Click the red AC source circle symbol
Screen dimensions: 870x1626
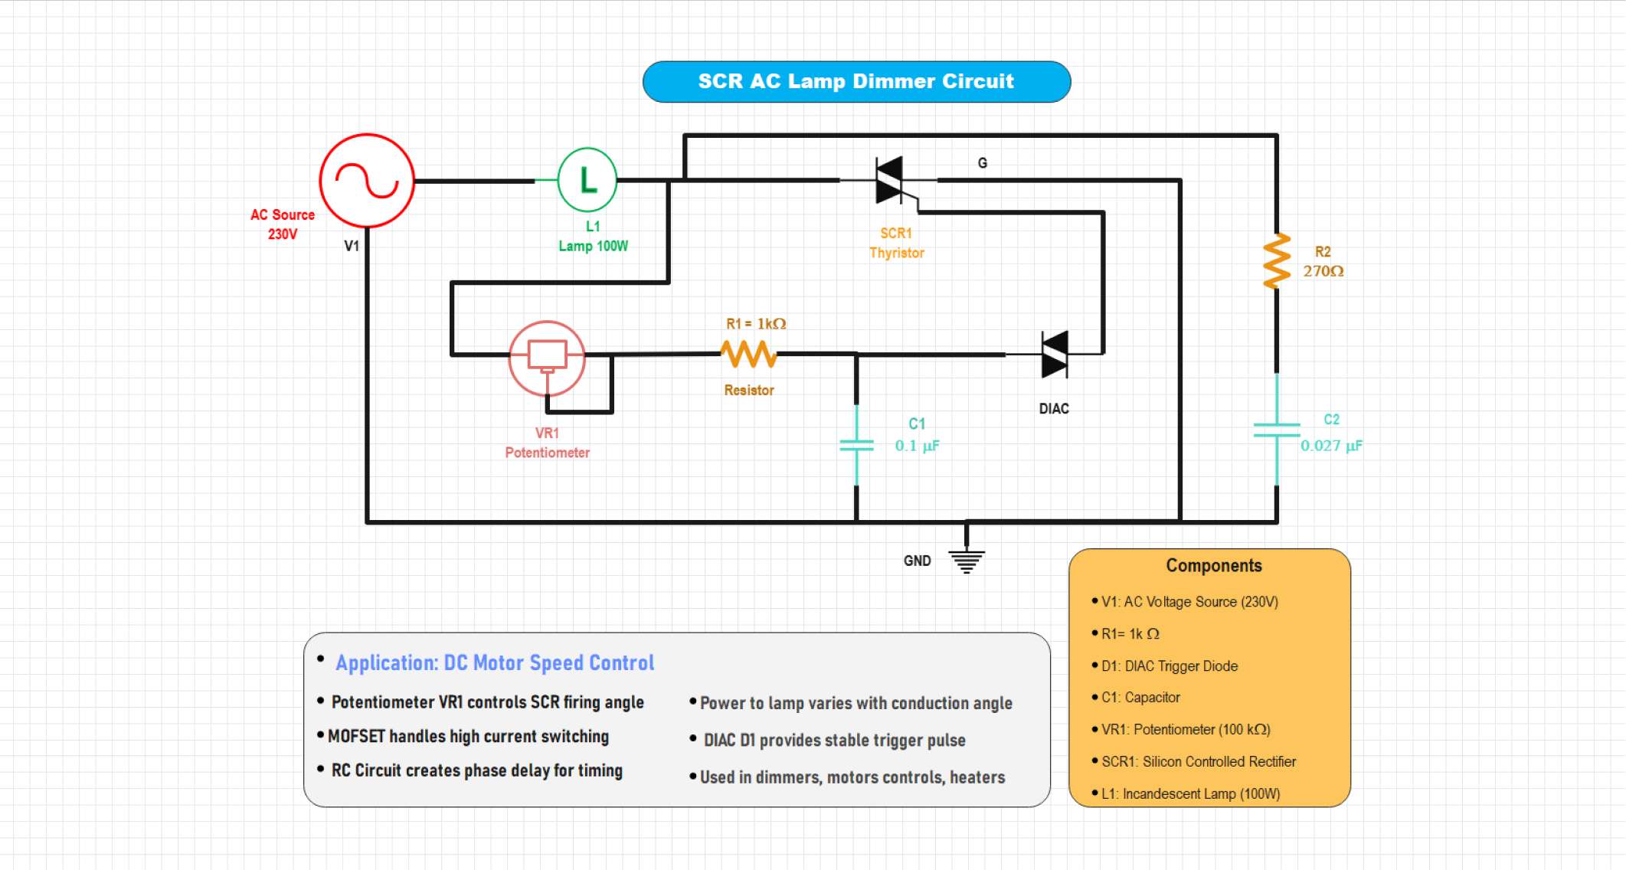pyautogui.click(x=367, y=181)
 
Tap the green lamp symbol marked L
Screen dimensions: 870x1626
pyautogui.click(x=587, y=180)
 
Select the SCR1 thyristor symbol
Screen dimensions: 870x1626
pyautogui.click(x=891, y=181)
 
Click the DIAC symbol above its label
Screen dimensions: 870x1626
pyautogui.click(x=1055, y=355)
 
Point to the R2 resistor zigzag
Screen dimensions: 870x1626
pyautogui.click(x=1277, y=261)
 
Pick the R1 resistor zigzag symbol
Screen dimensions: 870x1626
pyautogui.click(x=748, y=354)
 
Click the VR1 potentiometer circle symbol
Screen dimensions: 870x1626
pyautogui.click(x=547, y=358)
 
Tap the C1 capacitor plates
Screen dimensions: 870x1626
pyautogui.click(x=856, y=446)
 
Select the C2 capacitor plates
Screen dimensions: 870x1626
pyautogui.click(x=1276, y=430)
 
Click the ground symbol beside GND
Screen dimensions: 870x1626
pyautogui.click(x=967, y=561)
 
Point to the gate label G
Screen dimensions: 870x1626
pyautogui.click(x=983, y=163)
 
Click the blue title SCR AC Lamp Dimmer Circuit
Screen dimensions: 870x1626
pyautogui.click(x=856, y=81)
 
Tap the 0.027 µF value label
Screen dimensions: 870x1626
pyautogui.click(x=1331, y=446)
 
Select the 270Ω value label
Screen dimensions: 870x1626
pyautogui.click(x=1323, y=271)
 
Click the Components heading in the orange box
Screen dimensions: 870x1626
pyautogui.click(x=1213, y=566)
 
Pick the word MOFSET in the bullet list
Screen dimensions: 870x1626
pyautogui.click(x=357, y=737)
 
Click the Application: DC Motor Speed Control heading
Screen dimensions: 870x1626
pyautogui.click(x=495, y=662)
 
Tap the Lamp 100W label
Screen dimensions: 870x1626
pyautogui.click(x=593, y=246)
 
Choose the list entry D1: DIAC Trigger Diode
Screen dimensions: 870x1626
pyautogui.click(x=1169, y=666)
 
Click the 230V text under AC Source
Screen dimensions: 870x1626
pyautogui.click(x=282, y=234)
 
